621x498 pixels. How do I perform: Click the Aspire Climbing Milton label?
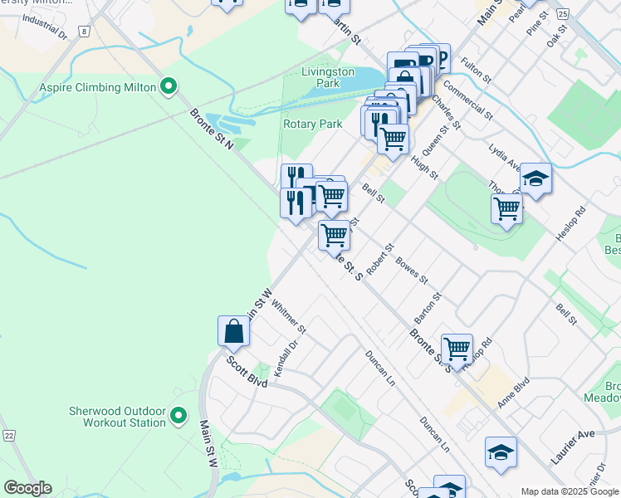click(x=97, y=87)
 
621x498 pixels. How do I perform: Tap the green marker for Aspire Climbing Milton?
click(x=169, y=86)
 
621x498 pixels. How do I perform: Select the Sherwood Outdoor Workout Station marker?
click(x=178, y=417)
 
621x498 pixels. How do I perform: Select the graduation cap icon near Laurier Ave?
click(x=501, y=452)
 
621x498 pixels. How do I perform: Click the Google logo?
click(x=27, y=488)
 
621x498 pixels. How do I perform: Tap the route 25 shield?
click(x=563, y=14)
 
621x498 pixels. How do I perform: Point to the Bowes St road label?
click(x=411, y=269)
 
